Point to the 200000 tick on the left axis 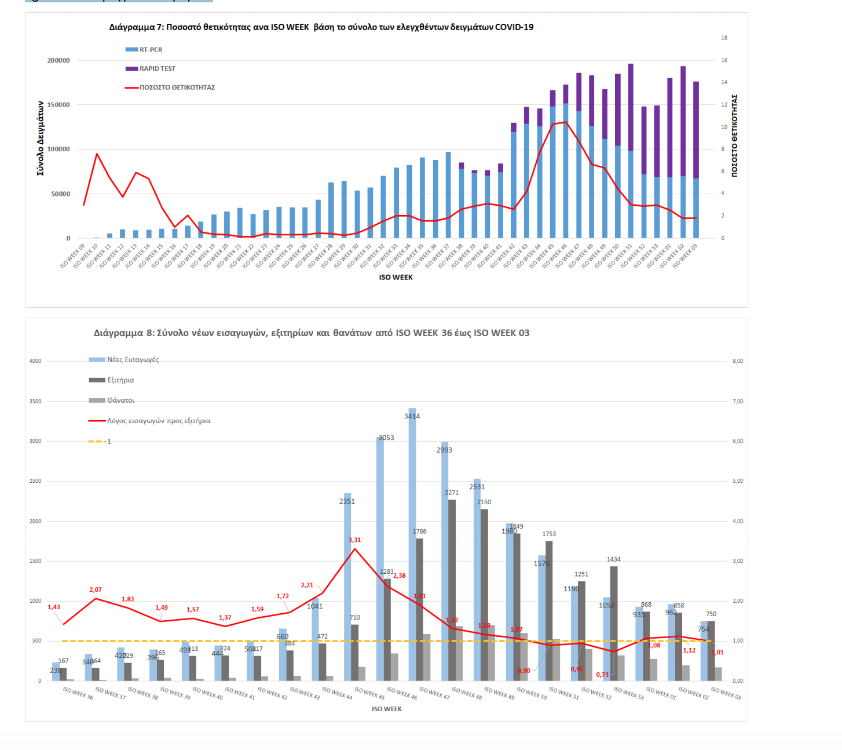(x=58, y=60)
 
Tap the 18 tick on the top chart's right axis (x=724, y=38)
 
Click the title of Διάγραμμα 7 (x=321, y=27)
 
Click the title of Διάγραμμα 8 (x=312, y=333)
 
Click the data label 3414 (x=412, y=416)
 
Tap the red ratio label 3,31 (x=354, y=540)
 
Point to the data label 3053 (x=386, y=438)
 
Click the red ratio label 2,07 (x=96, y=589)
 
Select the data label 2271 (x=452, y=493)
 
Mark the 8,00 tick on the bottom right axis (x=737, y=361)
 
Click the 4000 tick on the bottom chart (x=35, y=361)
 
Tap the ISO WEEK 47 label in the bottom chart (x=434, y=693)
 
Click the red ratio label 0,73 (x=602, y=675)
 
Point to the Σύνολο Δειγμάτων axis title (x=40, y=138)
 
